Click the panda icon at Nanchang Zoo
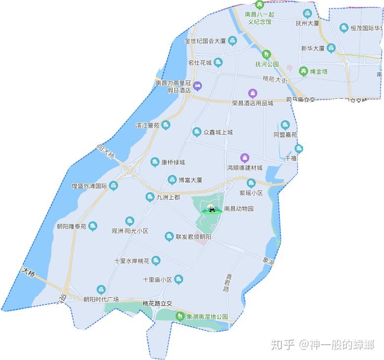pos(211,209)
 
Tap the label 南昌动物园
pos(238,209)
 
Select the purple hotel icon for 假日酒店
pos(197,86)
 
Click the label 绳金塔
pos(318,72)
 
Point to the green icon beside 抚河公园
pos(267,54)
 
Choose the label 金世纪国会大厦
pos(205,41)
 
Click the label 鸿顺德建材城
pos(245,168)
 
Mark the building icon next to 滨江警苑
pos(166,125)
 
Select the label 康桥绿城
pos(173,162)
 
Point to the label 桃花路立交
pos(156,303)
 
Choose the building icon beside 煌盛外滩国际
pos(114,186)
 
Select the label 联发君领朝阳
pos(193,237)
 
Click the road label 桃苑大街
pos(274,79)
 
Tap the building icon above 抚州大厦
pos(307,13)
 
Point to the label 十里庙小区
pos(157,280)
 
